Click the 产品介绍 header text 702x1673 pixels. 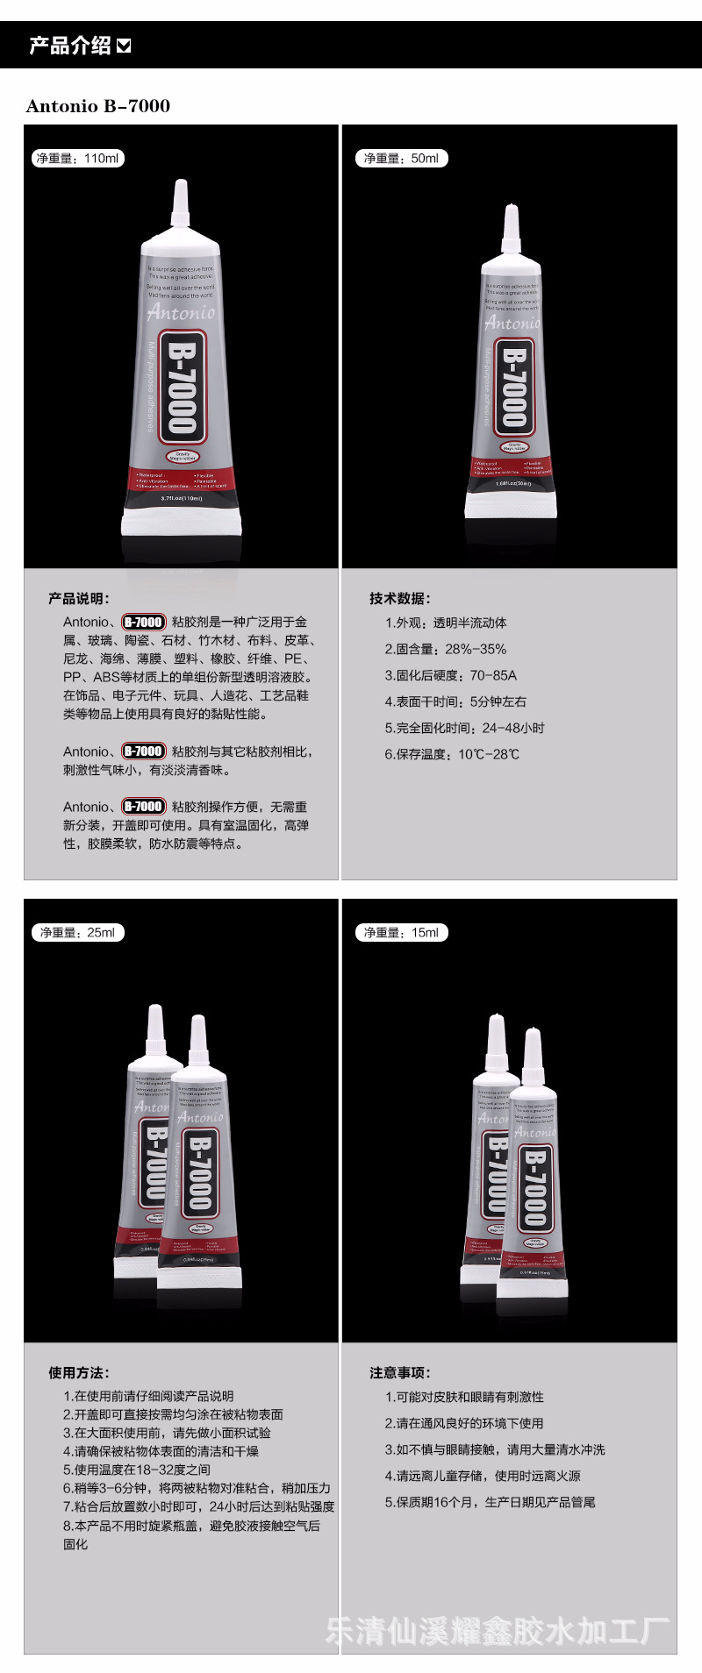click(70, 46)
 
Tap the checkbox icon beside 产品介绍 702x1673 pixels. click(124, 46)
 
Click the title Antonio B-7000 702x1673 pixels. click(98, 106)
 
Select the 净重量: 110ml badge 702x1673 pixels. click(78, 159)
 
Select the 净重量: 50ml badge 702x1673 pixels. click(402, 159)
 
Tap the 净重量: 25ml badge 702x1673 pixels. click(77, 932)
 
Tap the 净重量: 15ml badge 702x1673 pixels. click(402, 932)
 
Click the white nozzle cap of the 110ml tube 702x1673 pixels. click(182, 201)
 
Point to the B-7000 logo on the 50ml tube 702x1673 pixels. click(513, 387)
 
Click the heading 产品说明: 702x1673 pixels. click(79, 598)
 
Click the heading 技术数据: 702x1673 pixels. click(399, 598)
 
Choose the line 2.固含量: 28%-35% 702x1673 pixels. click(445, 649)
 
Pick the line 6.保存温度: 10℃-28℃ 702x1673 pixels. click(452, 754)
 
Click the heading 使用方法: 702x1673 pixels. click(79, 1372)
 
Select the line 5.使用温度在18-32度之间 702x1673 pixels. click(137, 1469)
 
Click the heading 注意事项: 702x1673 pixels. click(399, 1372)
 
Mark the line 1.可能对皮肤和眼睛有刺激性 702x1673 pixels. click(464, 1397)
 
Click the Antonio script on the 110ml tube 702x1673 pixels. click(182, 312)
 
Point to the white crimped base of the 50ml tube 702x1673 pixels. click(510, 504)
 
